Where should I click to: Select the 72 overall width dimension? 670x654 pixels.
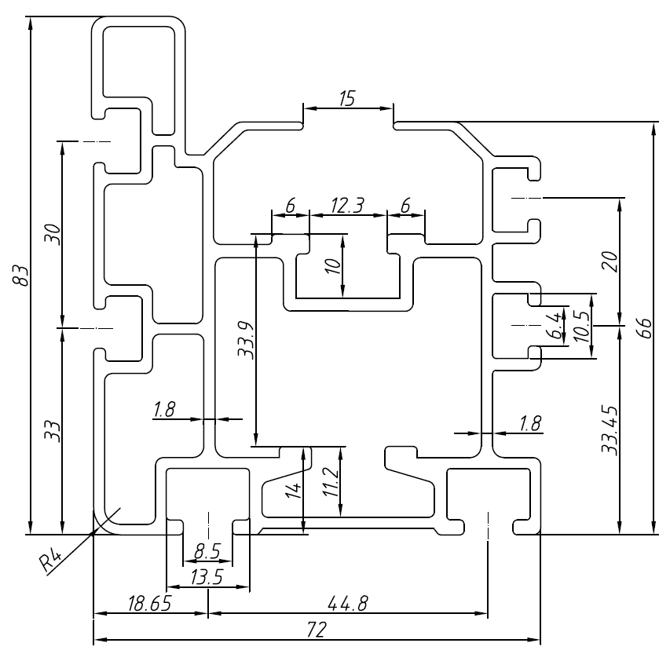(317, 630)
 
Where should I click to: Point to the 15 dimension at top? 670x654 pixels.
(347, 98)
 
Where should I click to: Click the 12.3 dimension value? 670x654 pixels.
(347, 206)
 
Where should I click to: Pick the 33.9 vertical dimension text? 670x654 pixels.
(246, 339)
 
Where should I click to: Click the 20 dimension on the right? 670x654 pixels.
(610, 261)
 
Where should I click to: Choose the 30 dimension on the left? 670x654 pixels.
(52, 233)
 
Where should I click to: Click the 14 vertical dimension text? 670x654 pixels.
(293, 491)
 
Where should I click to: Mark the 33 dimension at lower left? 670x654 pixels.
(52, 430)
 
